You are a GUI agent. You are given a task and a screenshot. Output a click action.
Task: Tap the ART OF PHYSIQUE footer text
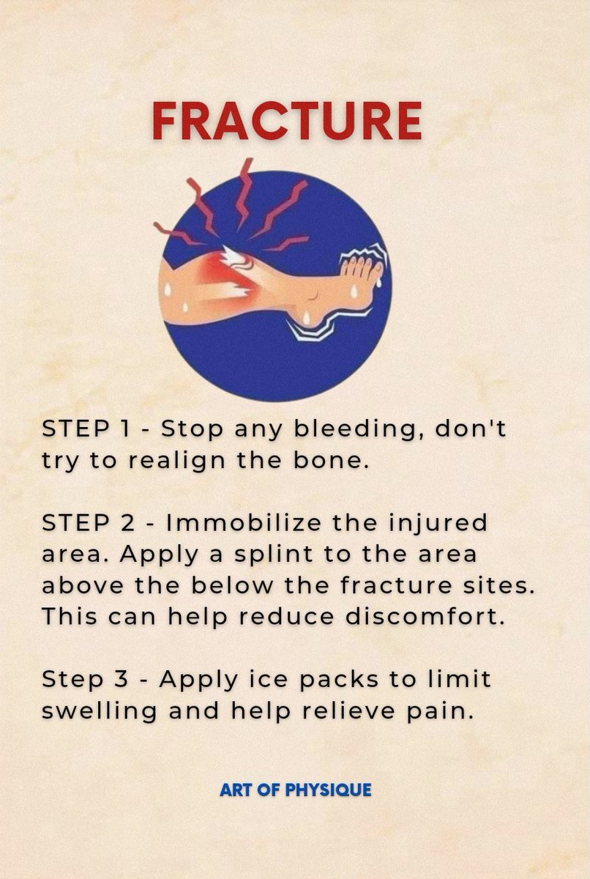tap(295, 790)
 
